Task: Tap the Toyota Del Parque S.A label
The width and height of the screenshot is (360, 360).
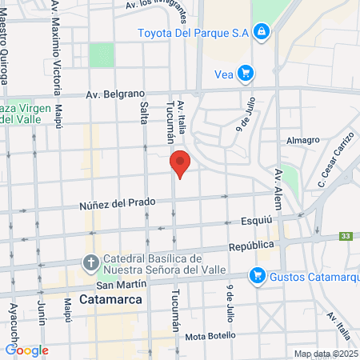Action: point(192,32)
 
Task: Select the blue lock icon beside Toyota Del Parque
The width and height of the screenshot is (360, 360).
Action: point(260,32)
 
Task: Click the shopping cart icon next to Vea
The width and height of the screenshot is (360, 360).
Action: point(246,74)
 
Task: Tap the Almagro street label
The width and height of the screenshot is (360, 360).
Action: point(303,140)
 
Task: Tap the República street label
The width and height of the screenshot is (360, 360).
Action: point(251,246)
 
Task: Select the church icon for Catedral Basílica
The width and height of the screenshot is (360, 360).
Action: point(91,262)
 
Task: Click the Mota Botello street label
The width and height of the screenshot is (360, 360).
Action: point(210,335)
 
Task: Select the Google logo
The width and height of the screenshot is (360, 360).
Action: point(26,350)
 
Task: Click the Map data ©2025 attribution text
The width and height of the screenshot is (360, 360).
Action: point(324,354)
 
